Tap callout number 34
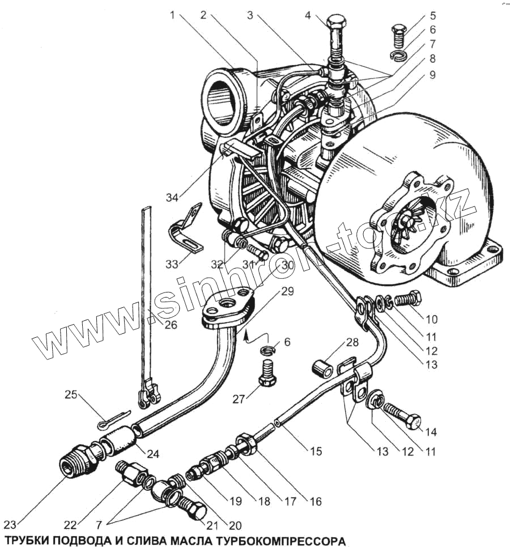[172, 197]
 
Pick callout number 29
[287, 292]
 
